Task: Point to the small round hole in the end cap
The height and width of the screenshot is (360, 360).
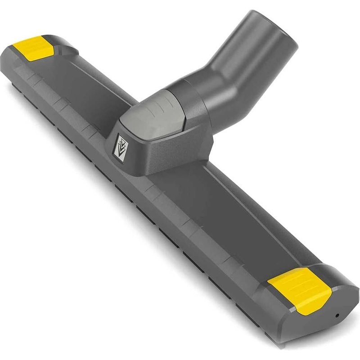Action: click(x=337, y=315)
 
